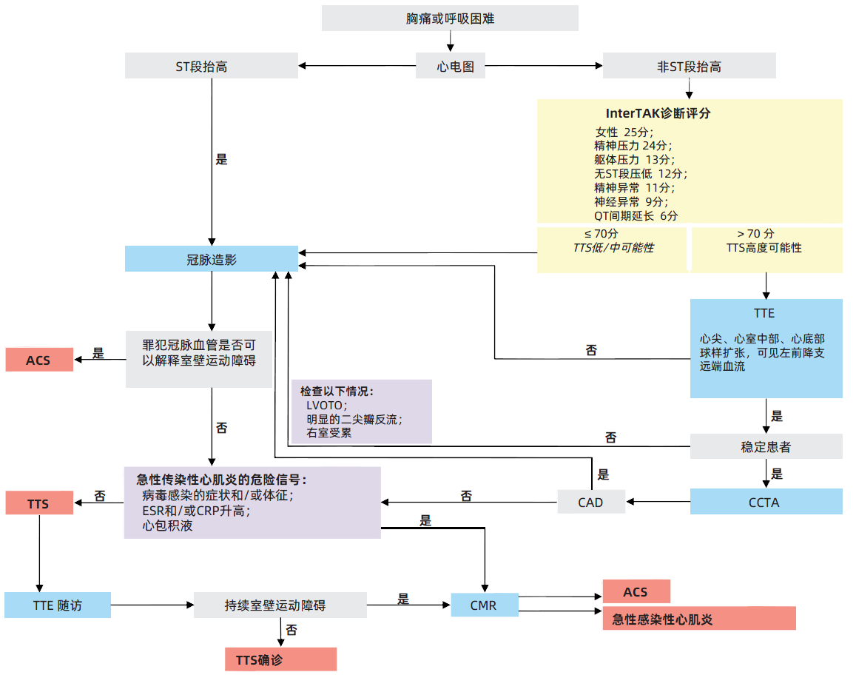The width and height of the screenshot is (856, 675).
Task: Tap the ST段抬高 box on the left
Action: pyautogui.click(x=212, y=67)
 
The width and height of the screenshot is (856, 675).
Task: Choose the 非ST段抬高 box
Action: pyautogui.click(x=689, y=67)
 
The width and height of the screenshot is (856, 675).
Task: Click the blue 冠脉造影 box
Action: pyautogui.click(x=212, y=259)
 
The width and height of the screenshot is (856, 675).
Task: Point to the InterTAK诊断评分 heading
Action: pyautogui.click(x=658, y=114)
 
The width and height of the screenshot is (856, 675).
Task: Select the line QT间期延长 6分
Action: pyautogui.click(x=636, y=215)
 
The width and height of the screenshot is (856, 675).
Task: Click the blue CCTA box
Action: pyautogui.click(x=766, y=503)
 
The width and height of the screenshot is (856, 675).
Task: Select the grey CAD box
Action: pyautogui.click(x=590, y=503)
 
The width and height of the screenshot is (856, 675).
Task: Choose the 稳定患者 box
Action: pyautogui.click(x=766, y=446)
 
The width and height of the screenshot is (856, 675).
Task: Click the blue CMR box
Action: pyautogui.click(x=484, y=605)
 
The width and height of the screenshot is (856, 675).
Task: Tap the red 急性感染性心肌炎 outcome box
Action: pyautogui.click(x=699, y=619)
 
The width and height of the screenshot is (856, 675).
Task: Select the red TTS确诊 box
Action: pyautogui.click(x=280, y=659)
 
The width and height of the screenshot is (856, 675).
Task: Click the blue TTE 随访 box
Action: pyautogui.click(x=58, y=605)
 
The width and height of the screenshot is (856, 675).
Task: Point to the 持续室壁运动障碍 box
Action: pyautogui.click(x=280, y=605)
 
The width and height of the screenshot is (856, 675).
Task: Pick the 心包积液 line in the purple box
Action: pyautogui.click(x=168, y=525)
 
